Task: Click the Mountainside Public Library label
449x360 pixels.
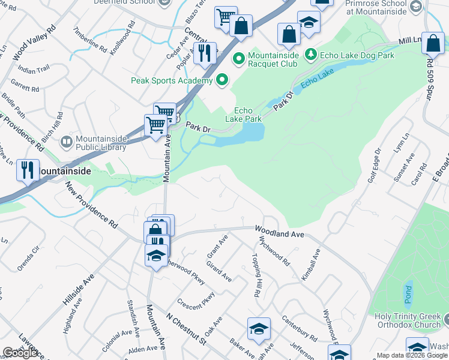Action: click(101, 143)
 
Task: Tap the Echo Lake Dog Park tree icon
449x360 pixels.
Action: click(311, 56)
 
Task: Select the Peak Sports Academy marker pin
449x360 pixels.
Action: click(223, 80)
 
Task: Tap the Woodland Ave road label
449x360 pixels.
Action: click(280, 230)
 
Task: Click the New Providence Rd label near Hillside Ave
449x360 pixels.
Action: click(91, 206)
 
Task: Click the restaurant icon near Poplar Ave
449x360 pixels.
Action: click(205, 53)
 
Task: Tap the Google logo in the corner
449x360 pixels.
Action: click(20, 353)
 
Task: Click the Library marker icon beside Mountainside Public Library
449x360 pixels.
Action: click(67, 143)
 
